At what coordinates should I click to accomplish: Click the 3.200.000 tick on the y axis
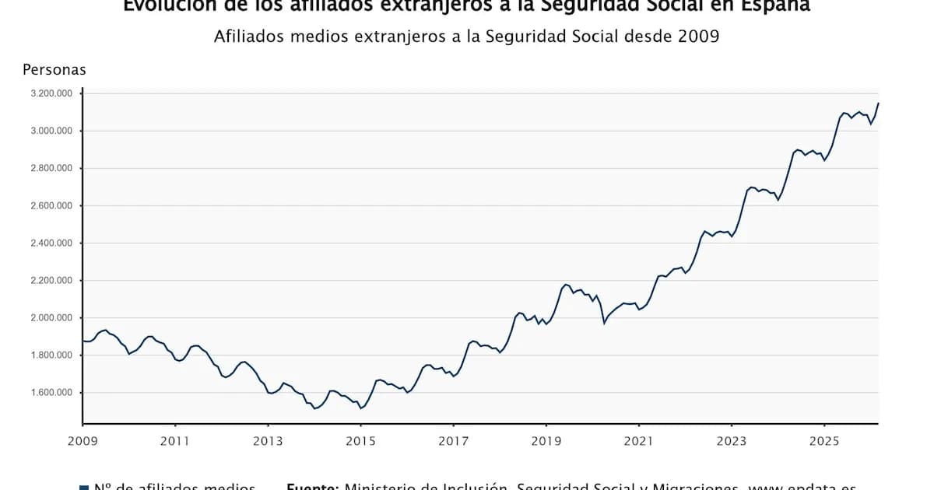pyautogui.click(x=51, y=93)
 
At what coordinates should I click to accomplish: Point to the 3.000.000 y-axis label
pyautogui.click(x=51, y=131)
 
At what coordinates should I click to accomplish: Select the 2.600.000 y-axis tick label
pyautogui.click(x=51, y=206)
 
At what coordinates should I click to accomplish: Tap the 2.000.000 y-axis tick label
pyautogui.click(x=51, y=318)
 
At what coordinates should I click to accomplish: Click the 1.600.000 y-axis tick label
pyautogui.click(x=51, y=393)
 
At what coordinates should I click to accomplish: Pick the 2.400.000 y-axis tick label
pyautogui.click(x=51, y=243)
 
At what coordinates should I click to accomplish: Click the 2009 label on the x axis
pyautogui.click(x=83, y=441)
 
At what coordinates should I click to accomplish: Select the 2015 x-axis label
pyautogui.click(x=360, y=441)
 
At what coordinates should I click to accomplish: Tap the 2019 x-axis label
pyautogui.click(x=546, y=441)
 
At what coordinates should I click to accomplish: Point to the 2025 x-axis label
pyautogui.click(x=823, y=441)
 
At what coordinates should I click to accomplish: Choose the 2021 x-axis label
pyautogui.click(x=638, y=441)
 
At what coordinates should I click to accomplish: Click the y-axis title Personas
pyautogui.click(x=54, y=70)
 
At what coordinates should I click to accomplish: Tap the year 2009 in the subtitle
pyautogui.click(x=698, y=37)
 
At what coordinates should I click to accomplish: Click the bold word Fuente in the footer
pyautogui.click(x=312, y=486)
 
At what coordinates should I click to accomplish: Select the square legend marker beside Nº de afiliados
pyautogui.click(x=84, y=487)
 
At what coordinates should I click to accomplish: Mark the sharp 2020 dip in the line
pyautogui.click(x=604, y=322)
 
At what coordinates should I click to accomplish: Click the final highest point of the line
pyautogui.click(x=878, y=103)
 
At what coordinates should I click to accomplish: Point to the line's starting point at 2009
pyautogui.click(x=83, y=341)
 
